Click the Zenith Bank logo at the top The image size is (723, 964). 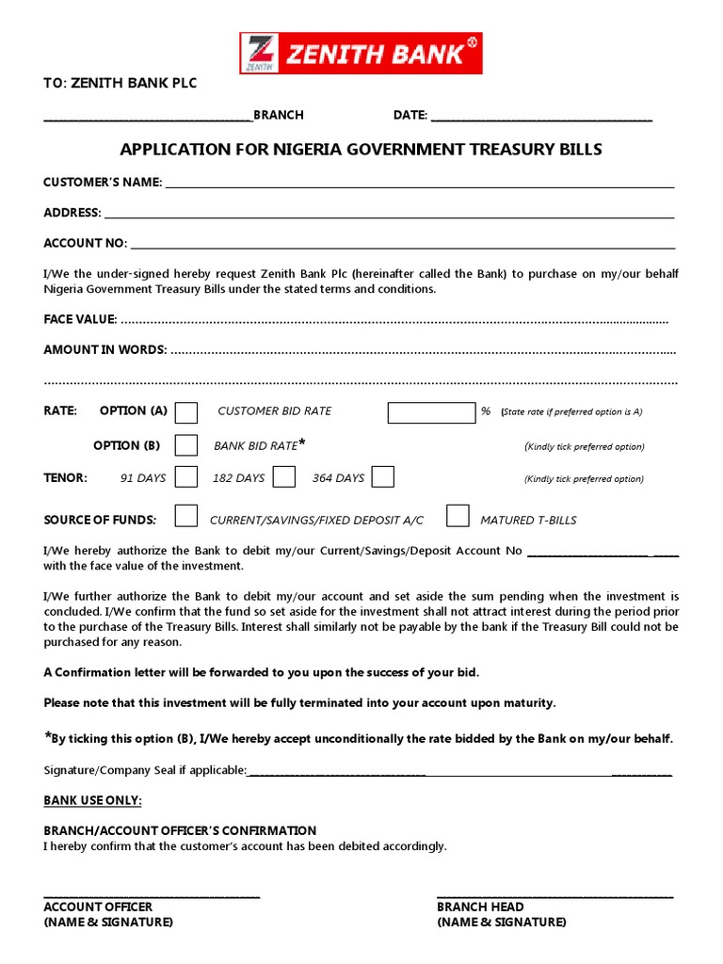(x=361, y=53)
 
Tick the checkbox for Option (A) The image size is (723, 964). (x=187, y=412)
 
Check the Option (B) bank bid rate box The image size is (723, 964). (x=187, y=445)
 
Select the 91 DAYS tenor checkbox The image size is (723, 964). (x=186, y=477)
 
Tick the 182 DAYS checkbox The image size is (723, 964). (x=284, y=477)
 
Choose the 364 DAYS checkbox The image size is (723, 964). (x=382, y=477)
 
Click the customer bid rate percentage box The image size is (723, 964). (x=431, y=412)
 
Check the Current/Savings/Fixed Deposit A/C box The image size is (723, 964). (x=187, y=516)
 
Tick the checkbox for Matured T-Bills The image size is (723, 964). (x=458, y=516)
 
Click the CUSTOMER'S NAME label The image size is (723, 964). (x=103, y=182)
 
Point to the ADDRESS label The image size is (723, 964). (x=72, y=213)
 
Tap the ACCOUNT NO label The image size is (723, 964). (x=85, y=243)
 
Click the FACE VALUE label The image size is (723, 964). (x=80, y=319)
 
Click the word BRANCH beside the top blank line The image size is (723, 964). (x=279, y=115)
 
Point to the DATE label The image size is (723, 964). (x=410, y=115)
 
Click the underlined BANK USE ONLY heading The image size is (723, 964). (x=93, y=800)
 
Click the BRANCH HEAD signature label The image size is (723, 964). (x=480, y=907)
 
